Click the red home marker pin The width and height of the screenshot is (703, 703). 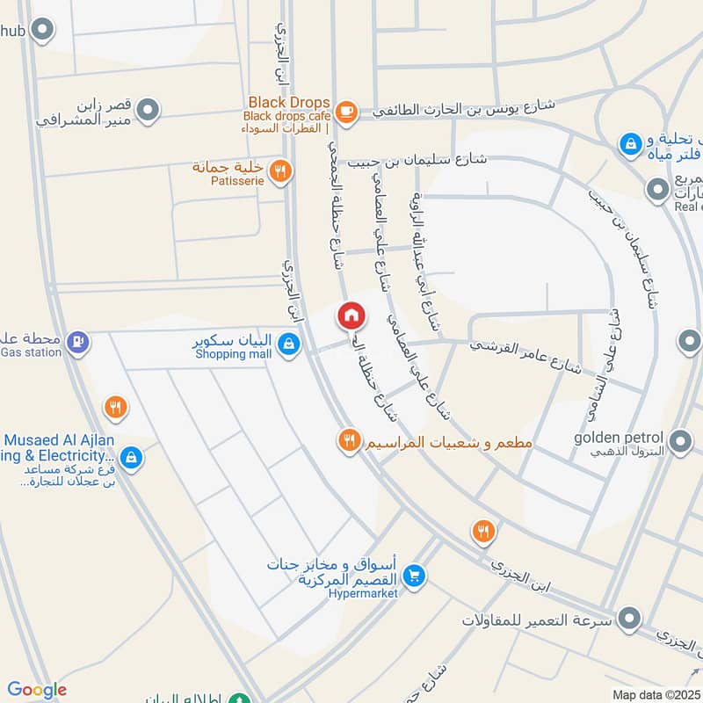click(351, 315)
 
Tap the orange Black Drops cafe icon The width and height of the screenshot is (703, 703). click(346, 111)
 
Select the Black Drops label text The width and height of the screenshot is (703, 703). click(289, 102)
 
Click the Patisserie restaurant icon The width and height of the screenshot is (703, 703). click(280, 171)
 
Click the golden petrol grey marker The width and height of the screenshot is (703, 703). click(678, 439)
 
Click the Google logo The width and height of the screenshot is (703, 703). click(37, 690)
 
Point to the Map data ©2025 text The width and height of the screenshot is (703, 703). click(656, 694)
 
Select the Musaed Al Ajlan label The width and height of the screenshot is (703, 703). click(58, 440)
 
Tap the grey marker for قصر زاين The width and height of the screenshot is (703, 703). click(149, 110)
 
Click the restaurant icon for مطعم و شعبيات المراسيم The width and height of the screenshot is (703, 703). click(350, 440)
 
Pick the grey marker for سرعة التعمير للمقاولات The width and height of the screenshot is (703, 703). click(627, 620)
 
